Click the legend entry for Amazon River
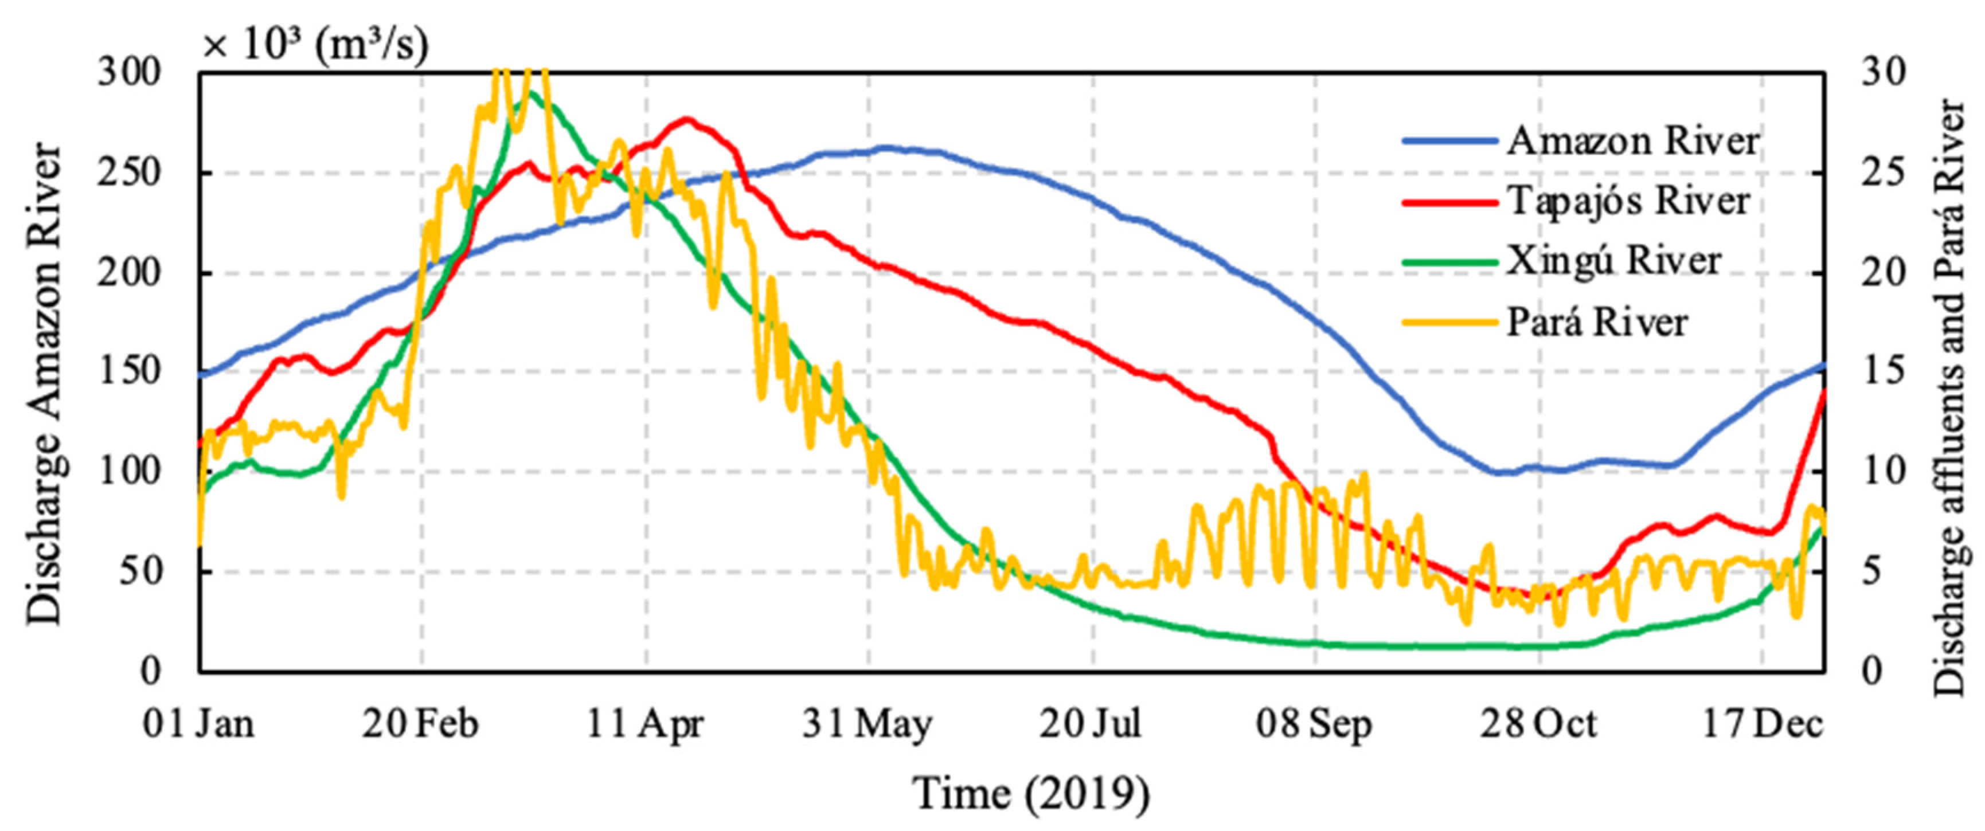click(x=1632, y=141)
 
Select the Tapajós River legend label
click(x=1627, y=201)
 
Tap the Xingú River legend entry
click(x=1613, y=261)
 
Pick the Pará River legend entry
click(x=1597, y=322)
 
